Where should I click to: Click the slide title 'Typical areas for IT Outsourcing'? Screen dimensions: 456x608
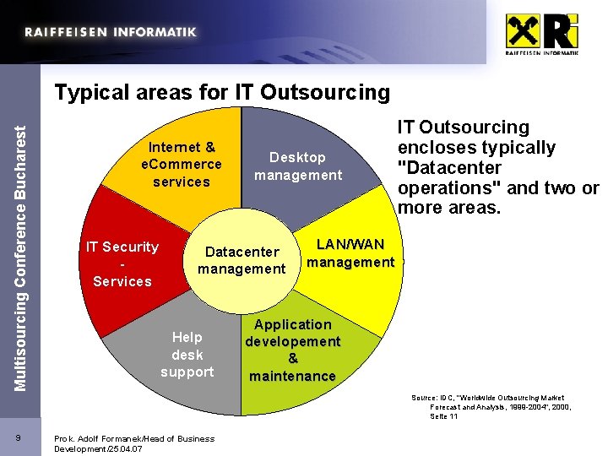[x=222, y=91]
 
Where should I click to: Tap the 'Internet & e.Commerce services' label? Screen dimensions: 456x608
[x=182, y=165]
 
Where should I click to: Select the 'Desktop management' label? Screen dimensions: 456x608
[x=298, y=166]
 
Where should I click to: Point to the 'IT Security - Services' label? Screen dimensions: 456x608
[x=122, y=263]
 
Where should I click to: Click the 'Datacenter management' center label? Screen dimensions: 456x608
[x=242, y=260]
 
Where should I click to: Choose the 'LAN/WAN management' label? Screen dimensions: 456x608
[x=350, y=253]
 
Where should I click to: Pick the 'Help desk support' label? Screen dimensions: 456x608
[x=187, y=355]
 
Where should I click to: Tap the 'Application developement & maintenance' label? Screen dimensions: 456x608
[x=292, y=350]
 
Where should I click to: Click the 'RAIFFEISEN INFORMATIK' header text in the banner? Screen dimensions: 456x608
[x=111, y=32]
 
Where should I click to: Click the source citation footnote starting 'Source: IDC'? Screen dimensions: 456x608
[x=491, y=407]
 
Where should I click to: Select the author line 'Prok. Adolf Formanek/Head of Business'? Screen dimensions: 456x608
[x=134, y=438]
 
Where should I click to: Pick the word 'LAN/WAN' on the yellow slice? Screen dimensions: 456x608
[x=350, y=245]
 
